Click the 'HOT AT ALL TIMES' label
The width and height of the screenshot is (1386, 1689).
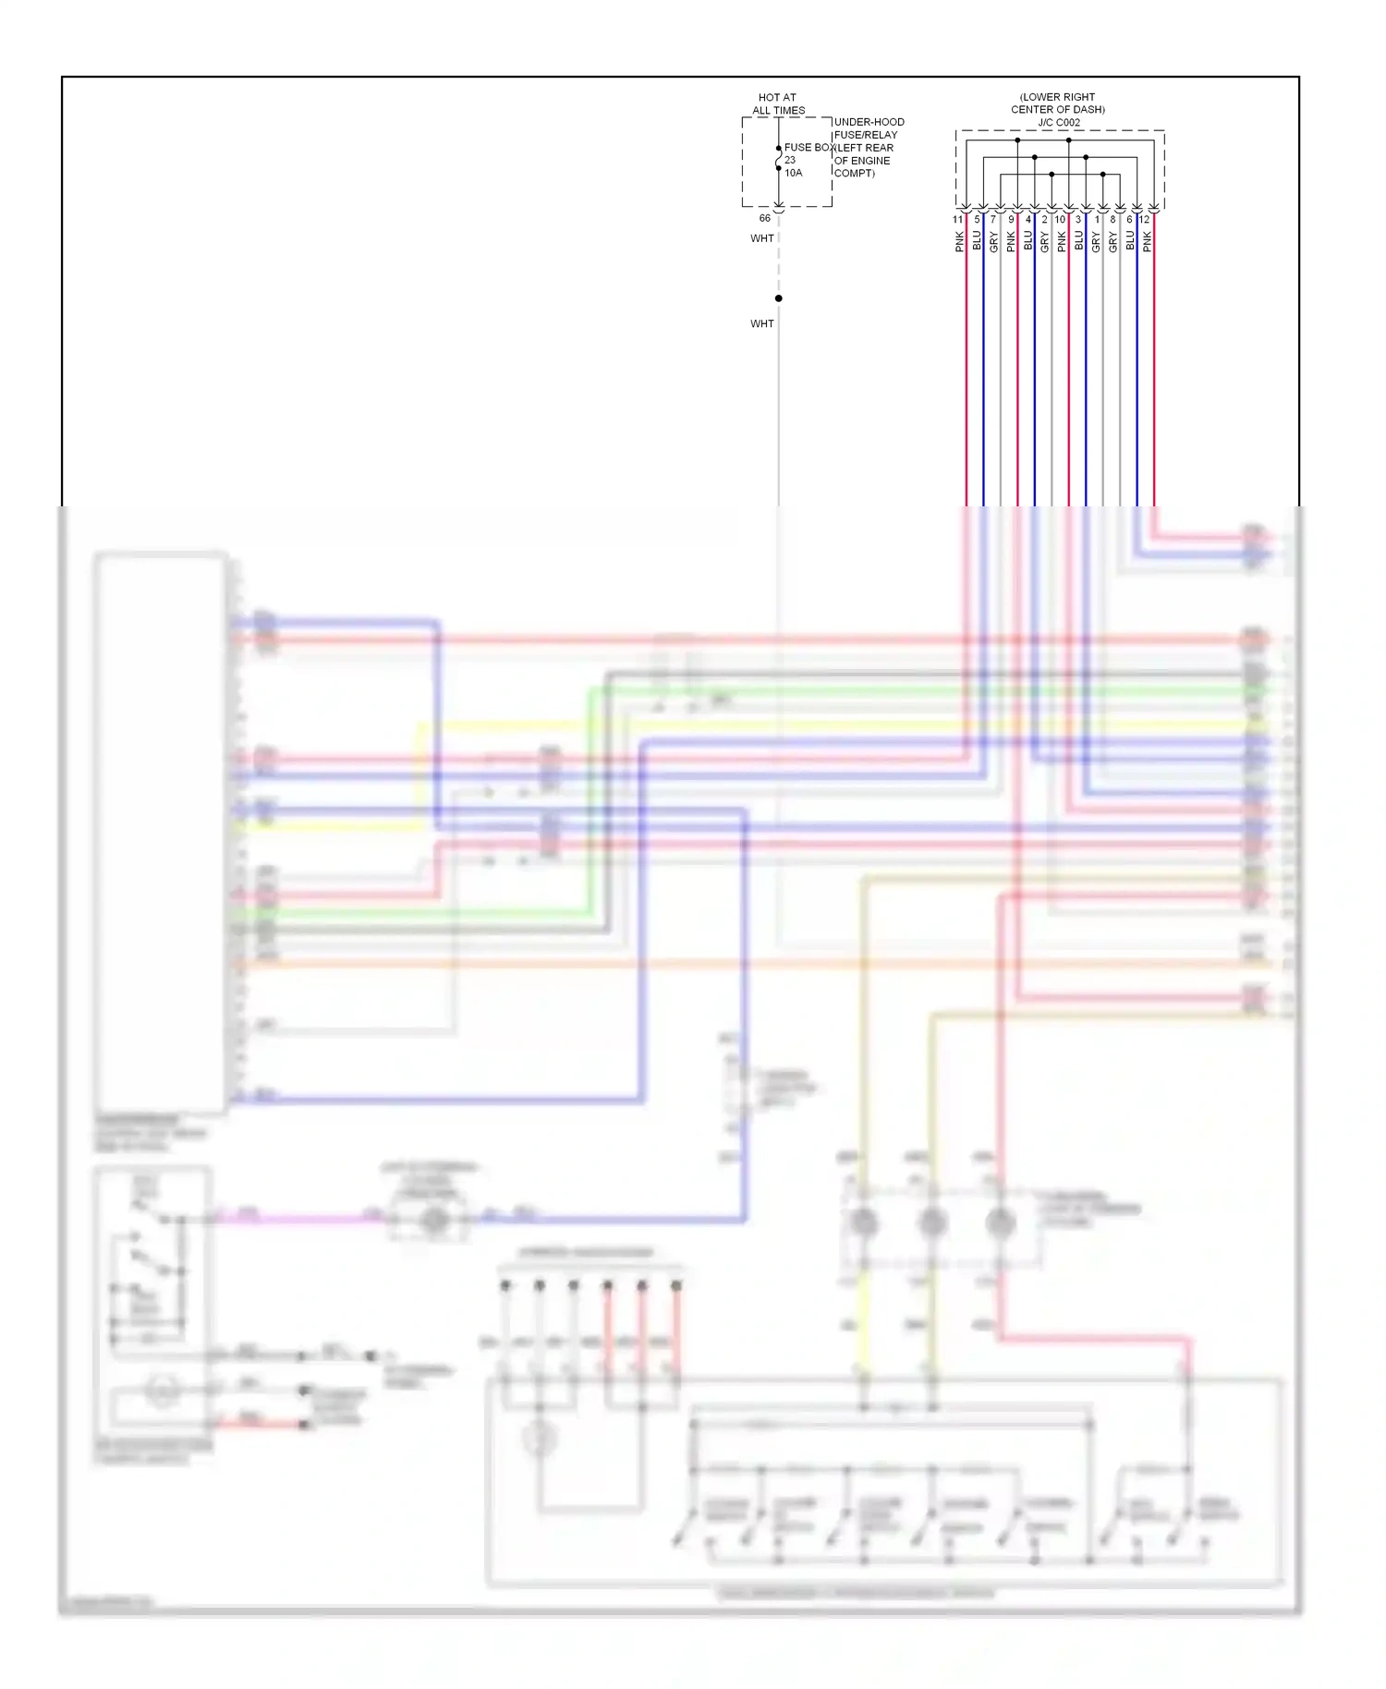point(778,103)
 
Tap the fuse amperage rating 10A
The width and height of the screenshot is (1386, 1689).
point(794,173)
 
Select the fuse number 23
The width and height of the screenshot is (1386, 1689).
point(790,160)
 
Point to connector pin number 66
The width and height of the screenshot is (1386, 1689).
point(764,218)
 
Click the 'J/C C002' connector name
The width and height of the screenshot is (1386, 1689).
point(1058,122)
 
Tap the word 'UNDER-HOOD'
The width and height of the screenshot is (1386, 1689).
point(869,122)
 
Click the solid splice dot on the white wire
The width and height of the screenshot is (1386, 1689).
point(779,298)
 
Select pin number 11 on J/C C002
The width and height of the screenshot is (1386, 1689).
point(957,220)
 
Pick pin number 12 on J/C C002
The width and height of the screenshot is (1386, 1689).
point(1145,220)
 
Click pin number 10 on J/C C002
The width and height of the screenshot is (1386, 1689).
point(1060,220)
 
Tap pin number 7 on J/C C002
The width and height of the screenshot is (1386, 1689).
point(993,220)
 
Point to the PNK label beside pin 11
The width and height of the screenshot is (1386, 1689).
point(960,242)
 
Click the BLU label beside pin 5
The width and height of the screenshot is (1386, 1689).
point(977,242)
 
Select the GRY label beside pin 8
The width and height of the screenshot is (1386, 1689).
point(1113,242)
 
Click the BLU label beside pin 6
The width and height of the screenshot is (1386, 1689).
point(1130,242)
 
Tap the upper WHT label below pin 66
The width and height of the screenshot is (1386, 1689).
point(762,238)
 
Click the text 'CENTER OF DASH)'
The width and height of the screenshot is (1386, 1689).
point(1058,109)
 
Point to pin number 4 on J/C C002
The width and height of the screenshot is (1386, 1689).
point(1027,220)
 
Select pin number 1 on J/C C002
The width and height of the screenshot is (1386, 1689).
point(1097,220)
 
